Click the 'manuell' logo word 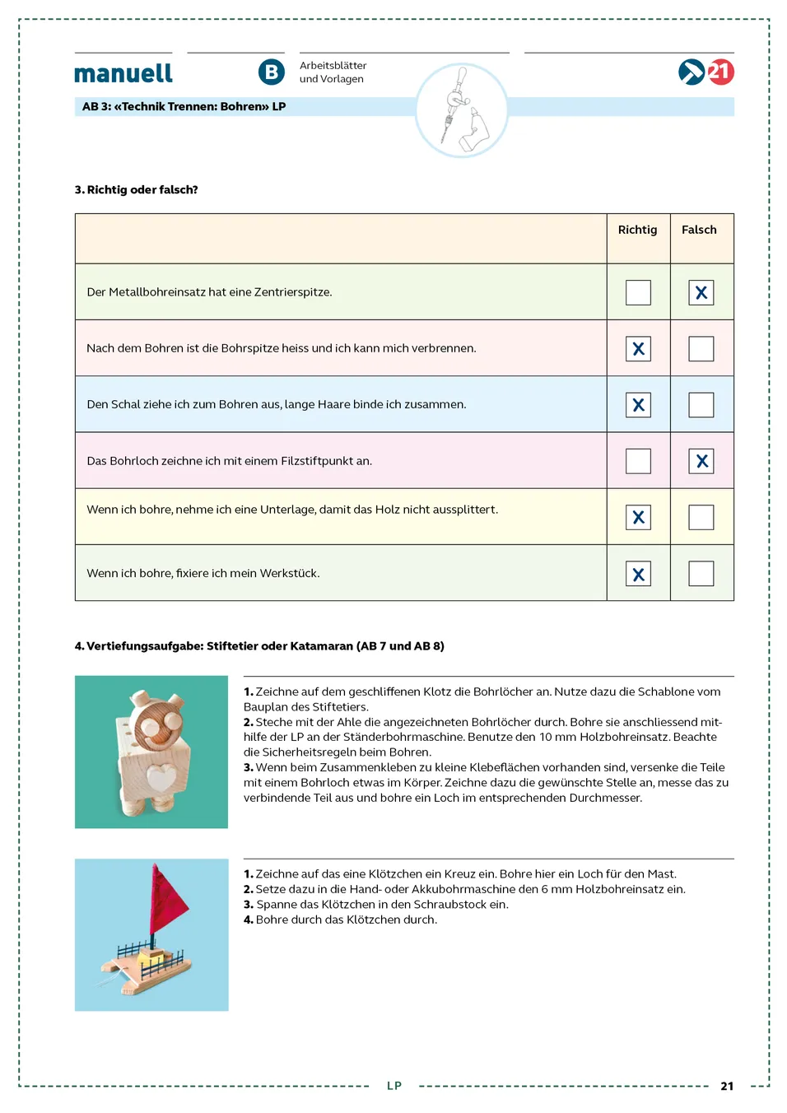(123, 73)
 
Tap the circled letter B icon (272, 72)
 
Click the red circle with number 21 (720, 72)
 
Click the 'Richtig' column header (638, 230)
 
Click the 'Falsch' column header (699, 230)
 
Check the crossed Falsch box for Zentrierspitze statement (701, 293)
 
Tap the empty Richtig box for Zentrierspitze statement (638, 293)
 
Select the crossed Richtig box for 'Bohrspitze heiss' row (638, 349)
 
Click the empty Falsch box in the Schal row (701, 405)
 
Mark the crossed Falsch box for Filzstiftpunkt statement (701, 461)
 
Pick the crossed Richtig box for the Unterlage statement (638, 518)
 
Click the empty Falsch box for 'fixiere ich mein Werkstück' (701, 574)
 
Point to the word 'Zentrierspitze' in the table (292, 292)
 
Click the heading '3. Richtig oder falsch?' (137, 190)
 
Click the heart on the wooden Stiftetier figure (161, 777)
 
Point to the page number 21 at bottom (727, 1087)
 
